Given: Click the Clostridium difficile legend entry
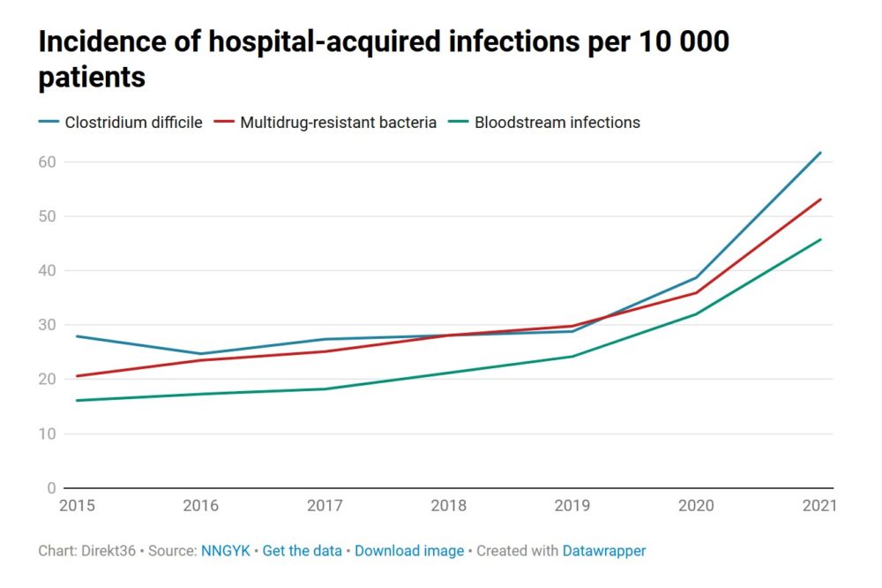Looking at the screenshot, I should (x=120, y=123).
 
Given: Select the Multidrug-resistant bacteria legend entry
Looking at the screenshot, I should (x=327, y=123).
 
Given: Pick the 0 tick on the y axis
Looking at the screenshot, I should (x=51, y=488).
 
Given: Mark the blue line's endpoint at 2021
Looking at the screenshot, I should (x=821, y=153).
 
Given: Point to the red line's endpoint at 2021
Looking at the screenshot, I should (x=821, y=199).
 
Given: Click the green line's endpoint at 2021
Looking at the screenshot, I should (x=821, y=239).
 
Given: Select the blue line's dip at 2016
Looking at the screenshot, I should (x=201, y=354).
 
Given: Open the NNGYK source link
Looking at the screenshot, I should (x=225, y=551).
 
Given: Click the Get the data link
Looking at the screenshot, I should (x=302, y=551).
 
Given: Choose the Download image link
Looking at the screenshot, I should (x=409, y=551).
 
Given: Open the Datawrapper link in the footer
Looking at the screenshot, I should (x=604, y=551).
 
